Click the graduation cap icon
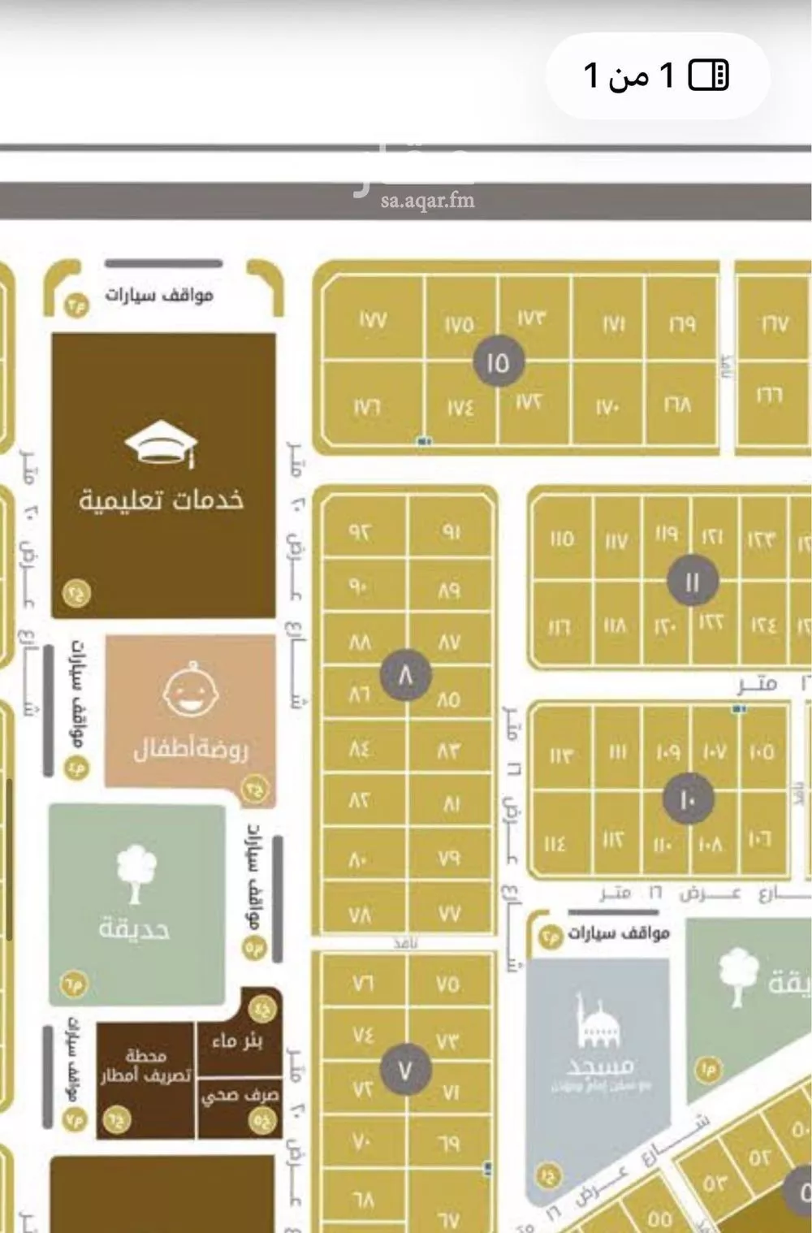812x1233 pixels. pos(161,444)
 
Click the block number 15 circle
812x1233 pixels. pos(497,362)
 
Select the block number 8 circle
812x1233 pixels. pos(405,675)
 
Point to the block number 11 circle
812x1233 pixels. pos(691,582)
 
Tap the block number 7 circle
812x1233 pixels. pos(404,1071)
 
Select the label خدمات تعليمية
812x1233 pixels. pos(161,499)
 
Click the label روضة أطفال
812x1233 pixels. pos(192,747)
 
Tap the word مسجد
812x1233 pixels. pos(603,1064)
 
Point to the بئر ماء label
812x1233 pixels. pos(236,1040)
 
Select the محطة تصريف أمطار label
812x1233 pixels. pos(145,1066)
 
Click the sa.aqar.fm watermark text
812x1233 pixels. pos(427,201)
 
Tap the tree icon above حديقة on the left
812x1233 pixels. pos(136,873)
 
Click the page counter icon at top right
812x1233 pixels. pos(709,76)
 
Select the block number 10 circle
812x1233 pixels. pos(687,800)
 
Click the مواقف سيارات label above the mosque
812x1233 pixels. pos(618,932)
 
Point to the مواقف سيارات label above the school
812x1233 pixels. pos(158,294)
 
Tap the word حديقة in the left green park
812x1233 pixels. pos(135,927)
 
